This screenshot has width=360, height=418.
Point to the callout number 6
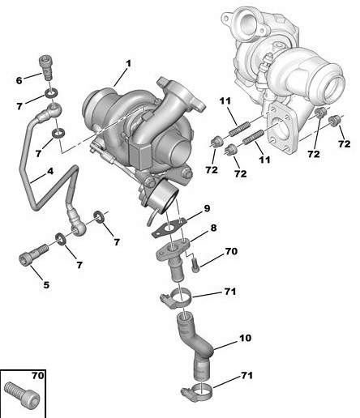[x=20, y=79]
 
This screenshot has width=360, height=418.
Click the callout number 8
[x=213, y=228]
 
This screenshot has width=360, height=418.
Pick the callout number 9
[x=207, y=208]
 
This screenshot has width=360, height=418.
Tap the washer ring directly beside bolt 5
[x=61, y=239]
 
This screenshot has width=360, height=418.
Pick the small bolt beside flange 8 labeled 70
[x=197, y=261]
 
